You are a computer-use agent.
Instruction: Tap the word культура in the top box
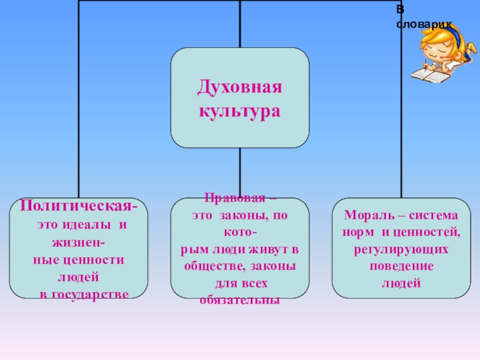240,112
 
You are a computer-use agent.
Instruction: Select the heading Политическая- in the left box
79,206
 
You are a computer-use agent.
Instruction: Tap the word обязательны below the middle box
240,299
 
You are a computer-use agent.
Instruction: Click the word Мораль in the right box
364,215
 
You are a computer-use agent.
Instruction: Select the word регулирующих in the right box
401,248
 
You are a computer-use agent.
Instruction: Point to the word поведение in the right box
401,265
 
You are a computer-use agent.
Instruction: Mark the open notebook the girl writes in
431,75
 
